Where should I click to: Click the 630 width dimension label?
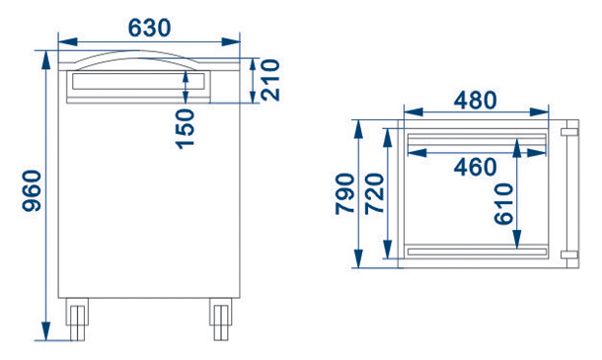coord(149,28)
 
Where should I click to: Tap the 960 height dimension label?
coord(32,191)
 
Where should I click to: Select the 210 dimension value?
coord(270,80)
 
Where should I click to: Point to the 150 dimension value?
coord(186,129)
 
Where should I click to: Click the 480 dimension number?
coord(476,101)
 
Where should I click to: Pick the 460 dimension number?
coord(476,168)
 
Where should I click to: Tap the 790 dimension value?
coord(344,194)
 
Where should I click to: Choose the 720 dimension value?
coord(374,194)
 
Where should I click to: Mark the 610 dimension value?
coord(503,204)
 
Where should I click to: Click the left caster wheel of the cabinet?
coord(77,319)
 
